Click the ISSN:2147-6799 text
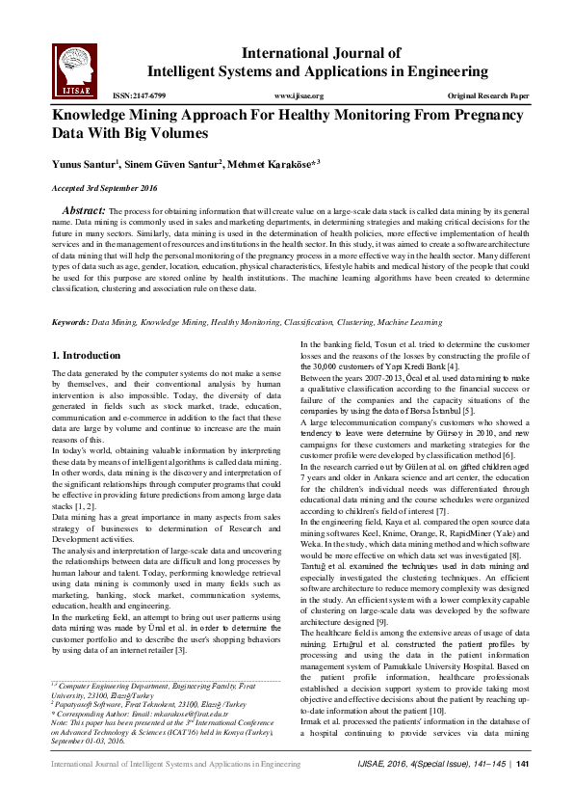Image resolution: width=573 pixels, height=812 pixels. click(140, 96)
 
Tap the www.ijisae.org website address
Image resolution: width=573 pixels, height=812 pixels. click(299, 96)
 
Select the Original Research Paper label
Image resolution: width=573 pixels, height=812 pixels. click(488, 96)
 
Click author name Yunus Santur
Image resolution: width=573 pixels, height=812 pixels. click(85, 164)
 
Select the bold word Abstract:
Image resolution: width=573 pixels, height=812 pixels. click(84, 209)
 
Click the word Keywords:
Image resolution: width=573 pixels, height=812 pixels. click(70, 295)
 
